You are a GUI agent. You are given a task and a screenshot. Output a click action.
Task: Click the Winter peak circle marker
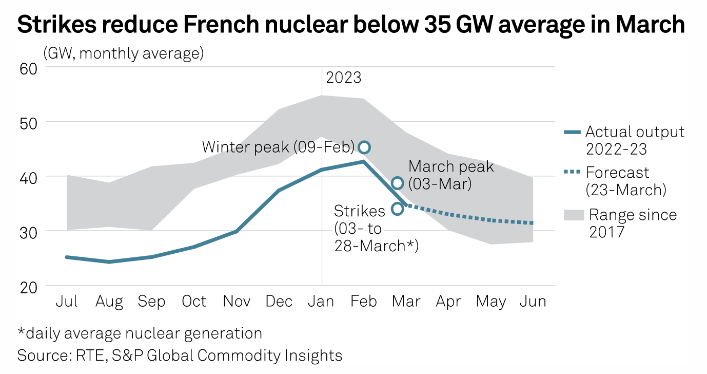pyautogui.click(x=364, y=147)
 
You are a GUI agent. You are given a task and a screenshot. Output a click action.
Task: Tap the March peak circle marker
pyautogui.click(x=398, y=183)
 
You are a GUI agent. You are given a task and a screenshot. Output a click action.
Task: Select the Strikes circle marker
pyautogui.click(x=397, y=209)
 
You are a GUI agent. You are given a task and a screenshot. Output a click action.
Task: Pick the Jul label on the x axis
pyautogui.click(x=67, y=302)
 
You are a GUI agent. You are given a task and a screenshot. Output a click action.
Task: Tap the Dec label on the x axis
pyautogui.click(x=279, y=302)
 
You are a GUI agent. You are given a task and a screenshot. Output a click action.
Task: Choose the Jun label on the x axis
pyautogui.click(x=534, y=302)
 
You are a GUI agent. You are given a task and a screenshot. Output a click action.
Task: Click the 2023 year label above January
pyautogui.click(x=344, y=78)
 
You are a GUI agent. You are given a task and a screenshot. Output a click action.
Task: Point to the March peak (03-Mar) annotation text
pyautogui.click(x=451, y=175)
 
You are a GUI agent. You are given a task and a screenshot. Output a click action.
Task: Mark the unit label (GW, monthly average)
pyautogui.click(x=124, y=53)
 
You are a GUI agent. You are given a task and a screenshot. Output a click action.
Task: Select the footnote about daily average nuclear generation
pyautogui.click(x=140, y=333)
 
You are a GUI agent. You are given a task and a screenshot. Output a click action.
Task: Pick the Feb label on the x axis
pyautogui.click(x=364, y=302)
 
